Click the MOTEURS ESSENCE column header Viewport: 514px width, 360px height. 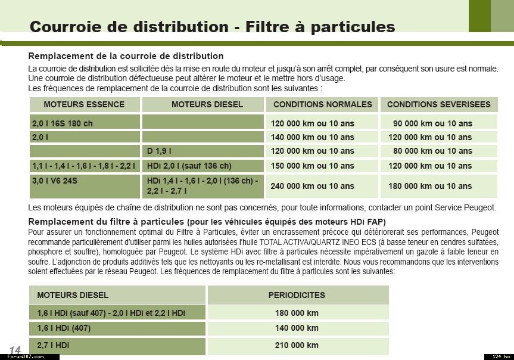coord(84,104)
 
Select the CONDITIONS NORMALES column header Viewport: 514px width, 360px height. coord(322,104)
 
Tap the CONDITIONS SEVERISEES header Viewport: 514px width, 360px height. coord(438,104)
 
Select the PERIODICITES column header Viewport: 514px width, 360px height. coord(297,295)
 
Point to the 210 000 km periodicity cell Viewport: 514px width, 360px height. coord(297,345)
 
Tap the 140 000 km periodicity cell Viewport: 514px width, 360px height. coord(297,328)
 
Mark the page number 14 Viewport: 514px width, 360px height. coord(15,349)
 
